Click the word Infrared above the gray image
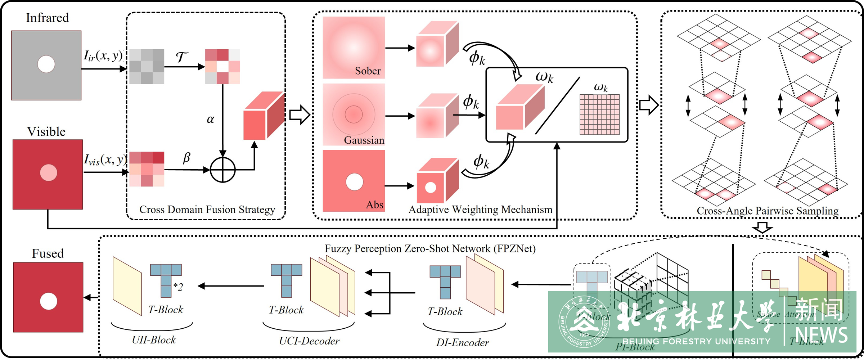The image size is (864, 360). [x=47, y=18]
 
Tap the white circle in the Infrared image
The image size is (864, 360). [x=46, y=64]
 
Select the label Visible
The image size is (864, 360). [x=46, y=131]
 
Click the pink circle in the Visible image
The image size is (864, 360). [x=48, y=172]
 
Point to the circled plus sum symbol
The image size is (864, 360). [x=223, y=170]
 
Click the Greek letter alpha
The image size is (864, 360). [x=211, y=119]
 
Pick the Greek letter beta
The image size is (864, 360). [x=186, y=158]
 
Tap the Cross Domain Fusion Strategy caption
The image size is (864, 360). [x=207, y=210]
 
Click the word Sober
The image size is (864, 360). [x=368, y=71]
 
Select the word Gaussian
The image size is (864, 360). [x=364, y=140]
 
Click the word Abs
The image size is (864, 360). [x=374, y=204]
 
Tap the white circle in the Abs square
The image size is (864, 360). [x=354, y=182]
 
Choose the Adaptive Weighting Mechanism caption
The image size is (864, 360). [x=480, y=210]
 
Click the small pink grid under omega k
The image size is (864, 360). [x=599, y=114]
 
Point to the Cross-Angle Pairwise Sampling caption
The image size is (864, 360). [x=768, y=211]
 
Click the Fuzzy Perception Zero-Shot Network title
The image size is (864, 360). [x=430, y=248]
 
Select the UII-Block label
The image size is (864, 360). [x=154, y=340]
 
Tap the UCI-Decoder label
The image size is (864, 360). [x=309, y=341]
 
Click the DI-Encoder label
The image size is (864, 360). [x=463, y=342]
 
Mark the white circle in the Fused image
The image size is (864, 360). [x=49, y=301]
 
